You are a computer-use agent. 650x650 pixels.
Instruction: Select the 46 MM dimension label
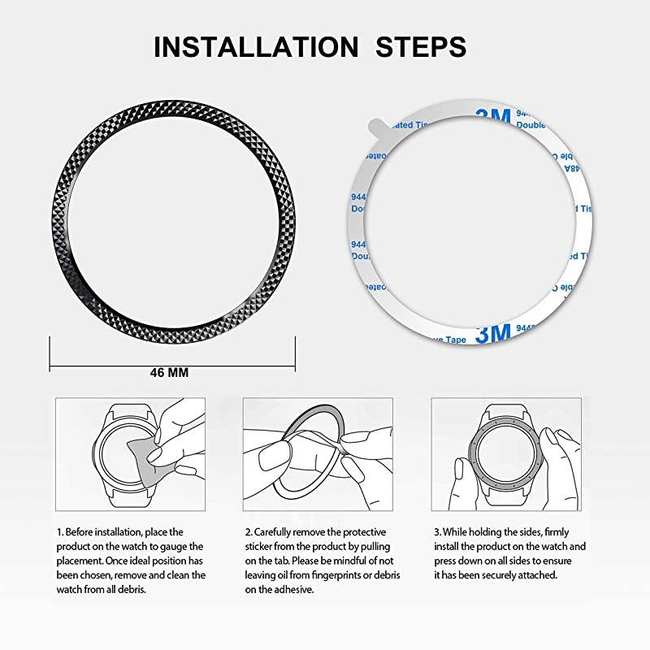coord(169,372)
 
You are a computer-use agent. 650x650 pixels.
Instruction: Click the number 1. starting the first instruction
coord(59,531)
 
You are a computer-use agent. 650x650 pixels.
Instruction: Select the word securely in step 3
coord(495,575)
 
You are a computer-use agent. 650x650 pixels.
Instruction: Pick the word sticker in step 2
coord(260,546)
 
